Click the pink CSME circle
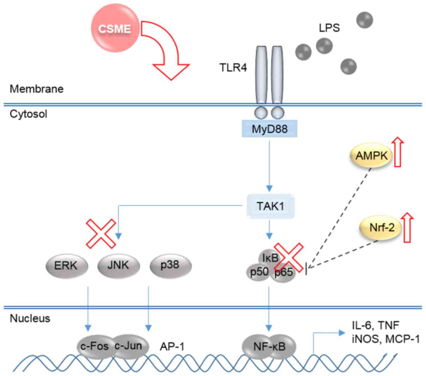114,29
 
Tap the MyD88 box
269,129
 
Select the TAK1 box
270,206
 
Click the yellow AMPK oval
372,156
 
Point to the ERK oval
66,266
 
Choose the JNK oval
118,265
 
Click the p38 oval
171,265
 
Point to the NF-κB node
269,346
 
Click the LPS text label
329,28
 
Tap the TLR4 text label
233,68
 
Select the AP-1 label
172,346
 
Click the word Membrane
36,89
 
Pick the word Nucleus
30,318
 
